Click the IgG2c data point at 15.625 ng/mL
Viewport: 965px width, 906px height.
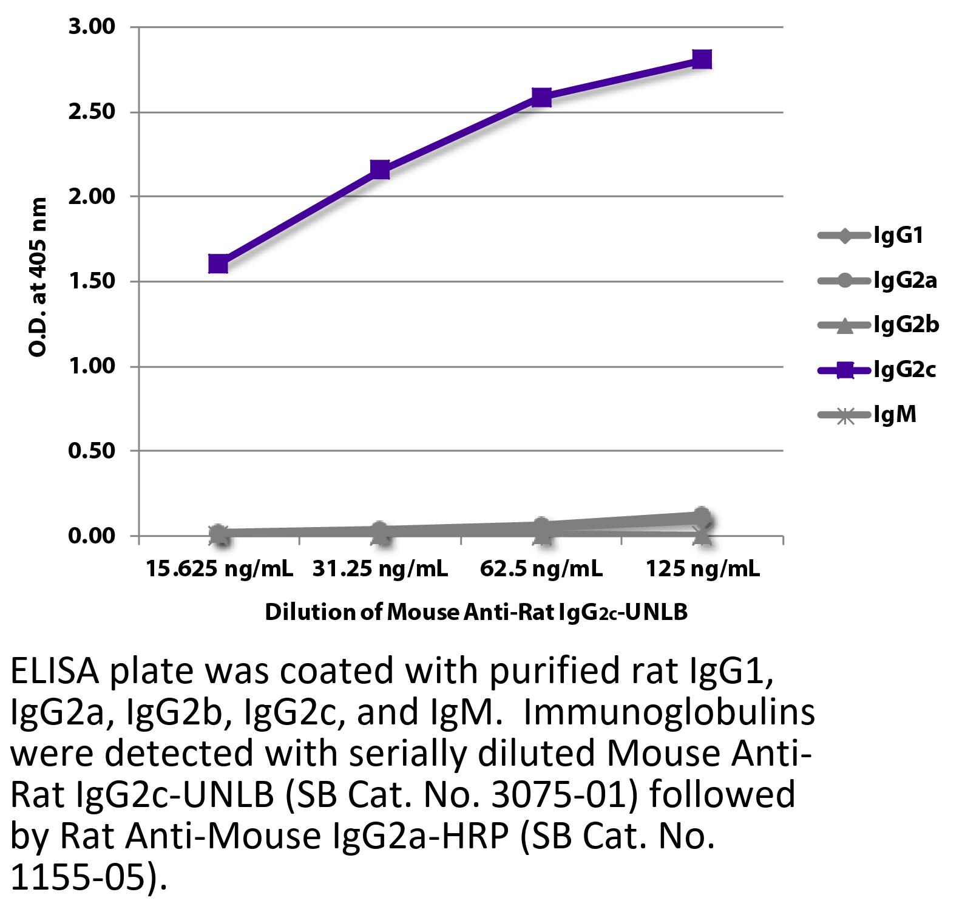click(x=218, y=264)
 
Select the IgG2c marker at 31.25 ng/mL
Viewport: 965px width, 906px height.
click(x=380, y=169)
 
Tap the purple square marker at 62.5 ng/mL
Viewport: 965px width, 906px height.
click(x=541, y=97)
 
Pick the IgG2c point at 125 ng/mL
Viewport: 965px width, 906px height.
click(x=702, y=60)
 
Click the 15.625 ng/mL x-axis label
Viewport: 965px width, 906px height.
click(x=219, y=569)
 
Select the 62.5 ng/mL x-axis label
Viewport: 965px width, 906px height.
click(x=541, y=569)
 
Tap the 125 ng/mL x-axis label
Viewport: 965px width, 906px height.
click(x=703, y=569)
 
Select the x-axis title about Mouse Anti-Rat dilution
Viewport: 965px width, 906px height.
click(x=476, y=612)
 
